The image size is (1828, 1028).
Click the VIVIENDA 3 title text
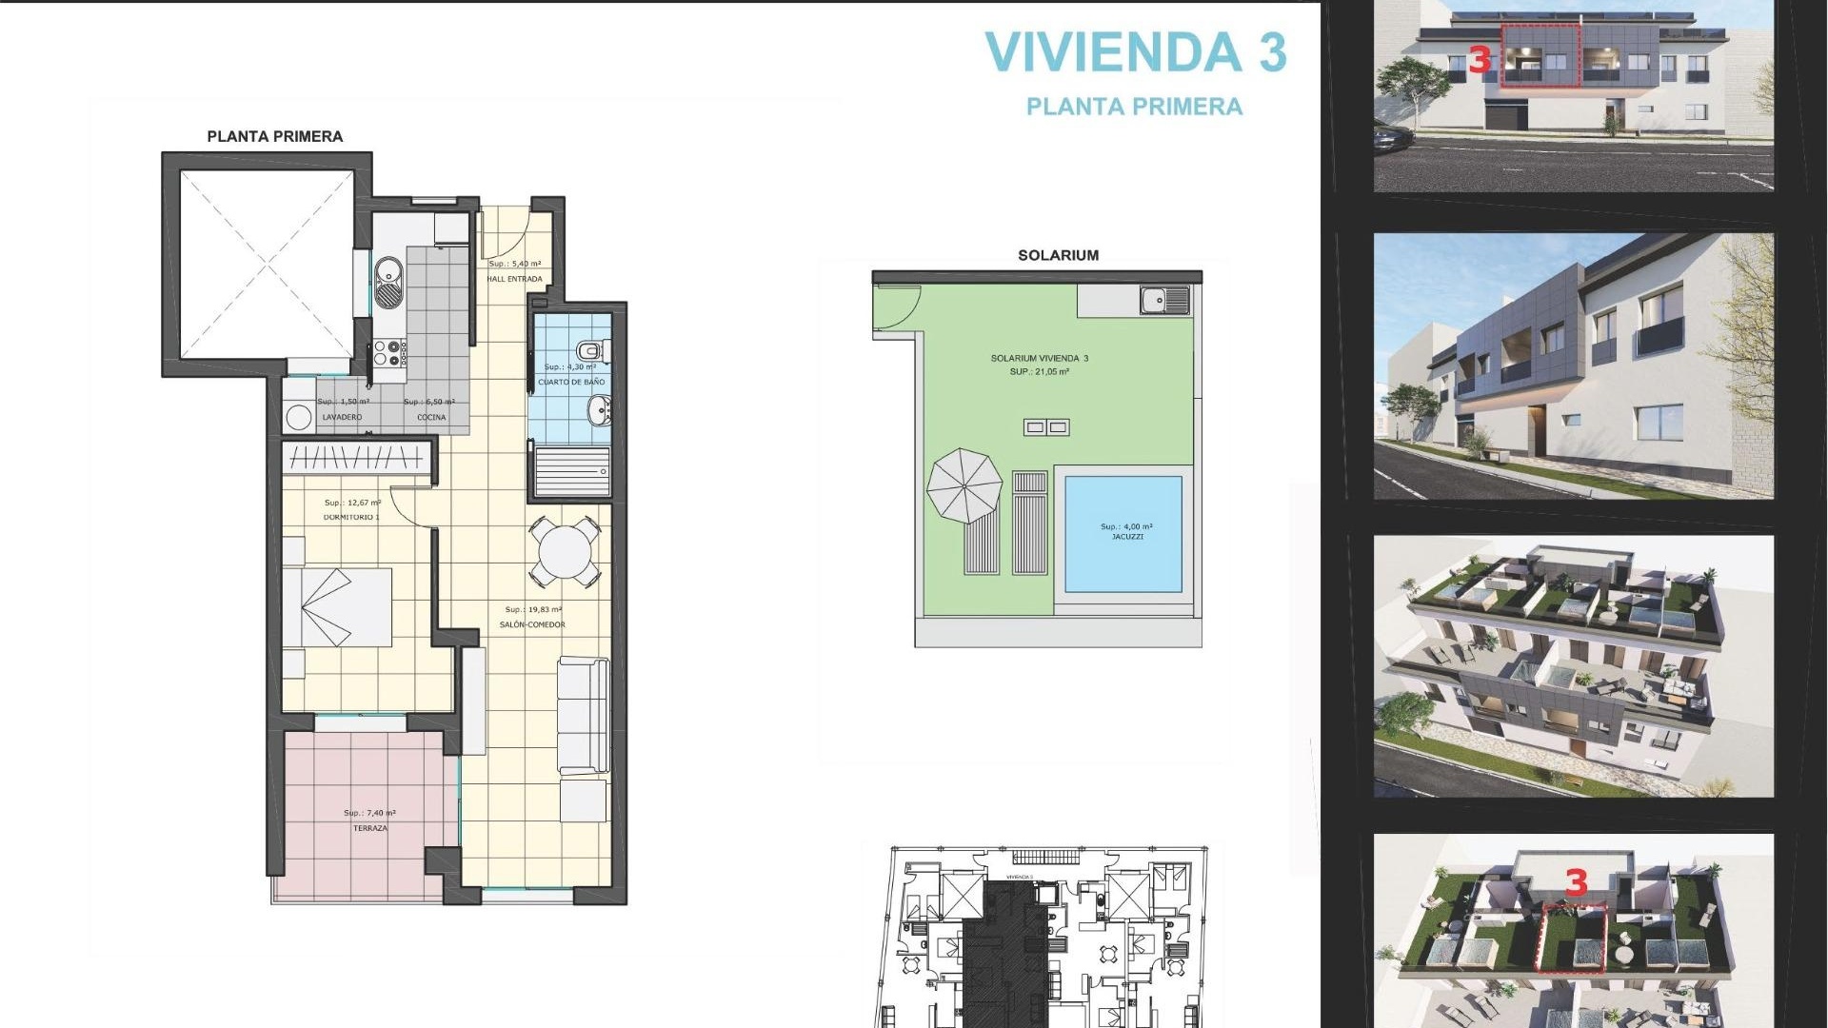pos(1135,52)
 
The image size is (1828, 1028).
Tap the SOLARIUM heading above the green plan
pos(1058,255)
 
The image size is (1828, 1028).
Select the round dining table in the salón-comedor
pos(565,551)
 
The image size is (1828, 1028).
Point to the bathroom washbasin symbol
pos(599,411)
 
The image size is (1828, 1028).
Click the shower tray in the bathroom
pos(571,472)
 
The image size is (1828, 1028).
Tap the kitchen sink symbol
pos(388,283)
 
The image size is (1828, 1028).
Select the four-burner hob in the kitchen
pos(388,353)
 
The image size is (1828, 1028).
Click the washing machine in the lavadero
pos(299,417)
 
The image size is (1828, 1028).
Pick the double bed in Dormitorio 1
pos(338,607)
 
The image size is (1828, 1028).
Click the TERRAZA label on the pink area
pos(370,828)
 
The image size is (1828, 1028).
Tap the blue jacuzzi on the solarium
pos(1123,533)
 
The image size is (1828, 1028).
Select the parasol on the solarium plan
pos(964,485)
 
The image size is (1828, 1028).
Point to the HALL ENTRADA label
pos(514,279)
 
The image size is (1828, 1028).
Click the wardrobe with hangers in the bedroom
pos(357,459)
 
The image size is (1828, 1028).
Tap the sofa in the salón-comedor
pos(584,714)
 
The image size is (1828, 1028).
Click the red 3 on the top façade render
pos(1479,60)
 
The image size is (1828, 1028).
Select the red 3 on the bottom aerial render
pos(1577,882)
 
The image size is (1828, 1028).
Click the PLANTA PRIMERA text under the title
pos(1134,107)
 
